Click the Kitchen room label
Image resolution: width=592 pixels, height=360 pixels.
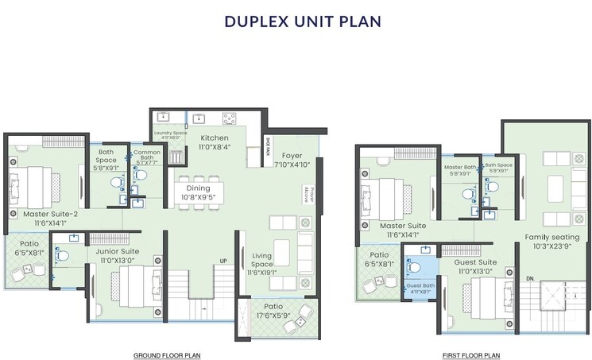point(215,137)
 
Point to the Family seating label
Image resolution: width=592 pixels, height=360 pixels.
point(551,237)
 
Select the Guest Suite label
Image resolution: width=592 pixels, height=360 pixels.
point(475,261)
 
